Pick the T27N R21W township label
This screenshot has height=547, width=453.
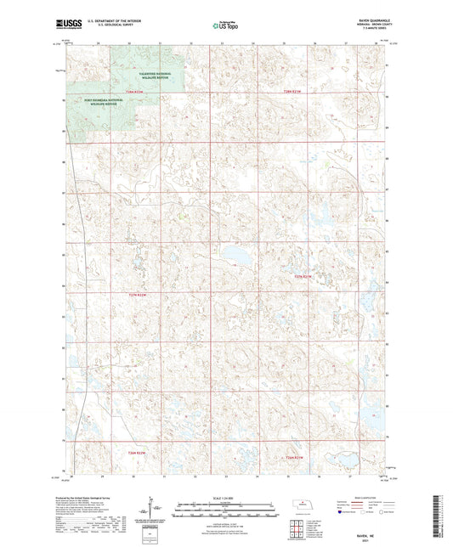click(303, 276)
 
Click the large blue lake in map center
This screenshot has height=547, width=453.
click(240, 255)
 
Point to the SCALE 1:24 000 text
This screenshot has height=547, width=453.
click(225, 498)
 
